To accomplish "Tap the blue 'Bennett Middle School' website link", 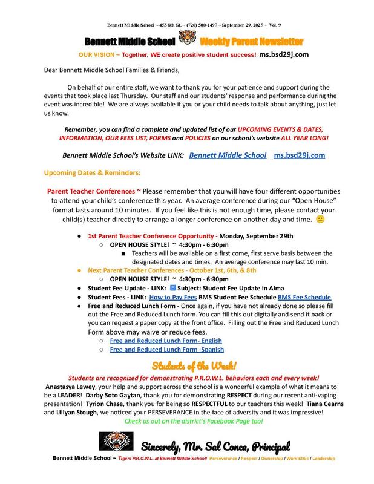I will tap(228, 155).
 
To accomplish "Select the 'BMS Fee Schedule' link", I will tap(304, 298).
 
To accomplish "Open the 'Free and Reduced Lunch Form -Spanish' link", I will tap(166, 350).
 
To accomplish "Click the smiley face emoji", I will tap(321, 219).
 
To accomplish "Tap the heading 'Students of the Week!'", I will tap(194, 365).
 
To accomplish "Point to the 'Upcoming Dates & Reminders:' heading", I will tap(93, 173).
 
